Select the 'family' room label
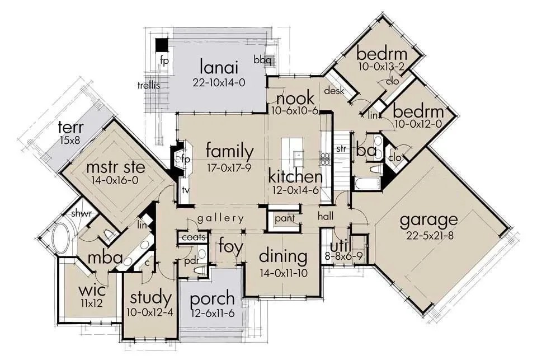(230, 152)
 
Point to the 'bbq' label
(262, 60)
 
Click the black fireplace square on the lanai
(162, 45)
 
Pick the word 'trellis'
(149, 85)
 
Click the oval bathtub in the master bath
(62, 239)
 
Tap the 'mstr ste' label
(115, 167)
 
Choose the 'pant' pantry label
(285, 218)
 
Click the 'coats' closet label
(194, 237)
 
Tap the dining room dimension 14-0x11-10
(284, 273)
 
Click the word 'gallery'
(220, 218)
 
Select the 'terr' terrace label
(71, 128)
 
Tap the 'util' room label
(340, 246)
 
